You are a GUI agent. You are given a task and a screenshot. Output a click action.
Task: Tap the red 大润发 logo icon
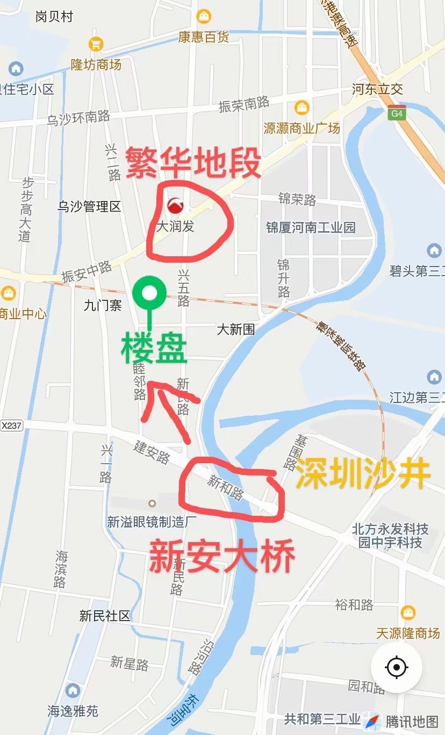(175, 205)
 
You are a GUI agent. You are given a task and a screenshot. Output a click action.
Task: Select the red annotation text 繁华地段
(193, 163)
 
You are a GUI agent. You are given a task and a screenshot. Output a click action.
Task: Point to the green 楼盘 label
(154, 350)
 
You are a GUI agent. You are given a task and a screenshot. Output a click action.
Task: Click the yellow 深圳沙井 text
(363, 473)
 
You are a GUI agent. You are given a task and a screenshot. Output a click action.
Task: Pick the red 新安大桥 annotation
(221, 557)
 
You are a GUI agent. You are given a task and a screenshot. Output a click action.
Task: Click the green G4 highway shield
(397, 113)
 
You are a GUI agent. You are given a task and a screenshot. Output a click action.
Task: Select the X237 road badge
(11, 426)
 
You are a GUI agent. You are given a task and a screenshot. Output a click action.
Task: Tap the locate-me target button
(397, 667)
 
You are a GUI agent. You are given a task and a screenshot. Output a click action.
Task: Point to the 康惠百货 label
(204, 37)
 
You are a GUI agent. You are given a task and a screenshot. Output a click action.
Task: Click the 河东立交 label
(377, 89)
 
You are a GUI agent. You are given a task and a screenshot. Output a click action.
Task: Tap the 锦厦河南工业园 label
(311, 227)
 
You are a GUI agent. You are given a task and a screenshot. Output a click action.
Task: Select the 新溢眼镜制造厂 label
(152, 521)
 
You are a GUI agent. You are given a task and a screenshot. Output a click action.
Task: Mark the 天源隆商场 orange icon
(408, 612)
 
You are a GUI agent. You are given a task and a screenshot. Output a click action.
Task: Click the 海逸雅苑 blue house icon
(73, 691)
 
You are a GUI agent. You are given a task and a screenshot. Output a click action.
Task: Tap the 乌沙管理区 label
(89, 206)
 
